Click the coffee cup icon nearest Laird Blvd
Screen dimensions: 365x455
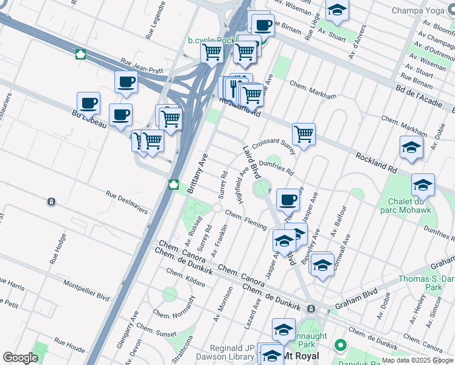tap(288, 199)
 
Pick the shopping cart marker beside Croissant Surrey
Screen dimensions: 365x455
tap(304, 133)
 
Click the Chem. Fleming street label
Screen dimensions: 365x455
tap(246, 220)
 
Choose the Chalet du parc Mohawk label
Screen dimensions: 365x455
tap(405, 206)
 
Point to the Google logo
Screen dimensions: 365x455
tap(20, 358)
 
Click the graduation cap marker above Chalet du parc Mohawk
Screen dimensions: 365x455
tap(423, 184)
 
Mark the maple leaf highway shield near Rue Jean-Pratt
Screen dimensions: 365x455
tap(80, 55)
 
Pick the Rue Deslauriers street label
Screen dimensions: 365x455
tap(127, 203)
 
